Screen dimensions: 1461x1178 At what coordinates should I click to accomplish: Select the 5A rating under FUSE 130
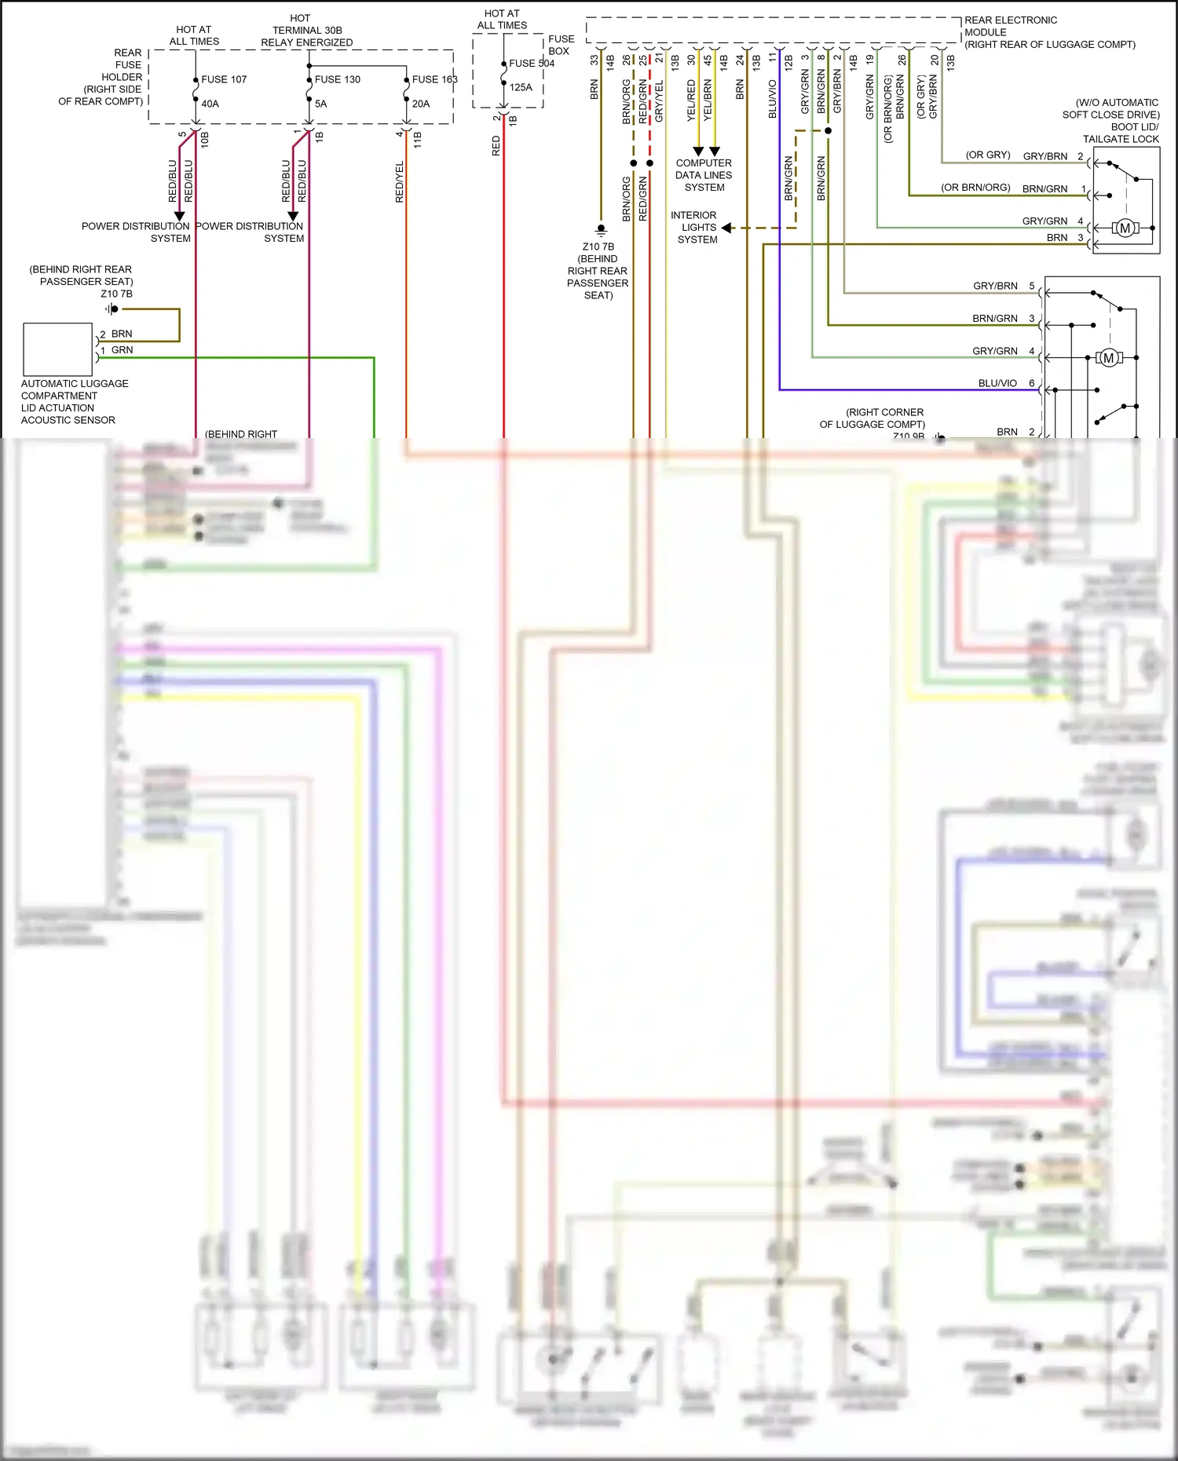coord(320,104)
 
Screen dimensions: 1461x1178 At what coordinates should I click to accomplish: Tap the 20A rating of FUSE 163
coord(421,104)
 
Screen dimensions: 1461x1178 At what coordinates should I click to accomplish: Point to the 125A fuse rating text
coord(521,87)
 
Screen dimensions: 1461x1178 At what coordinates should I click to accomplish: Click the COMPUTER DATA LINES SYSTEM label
coord(704,175)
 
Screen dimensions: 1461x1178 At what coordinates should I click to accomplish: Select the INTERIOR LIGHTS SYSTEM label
coord(694,227)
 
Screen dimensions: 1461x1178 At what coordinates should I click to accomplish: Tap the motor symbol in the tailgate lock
coord(1125,228)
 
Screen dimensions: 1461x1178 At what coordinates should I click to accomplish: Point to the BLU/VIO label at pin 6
coord(997,383)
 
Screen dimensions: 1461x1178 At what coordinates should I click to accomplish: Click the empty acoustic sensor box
coord(58,349)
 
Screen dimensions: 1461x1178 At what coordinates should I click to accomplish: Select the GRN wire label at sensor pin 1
coord(122,350)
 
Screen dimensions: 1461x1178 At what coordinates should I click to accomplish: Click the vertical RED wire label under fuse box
coord(496,146)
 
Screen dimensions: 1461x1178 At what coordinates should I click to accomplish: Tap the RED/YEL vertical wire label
coord(400,182)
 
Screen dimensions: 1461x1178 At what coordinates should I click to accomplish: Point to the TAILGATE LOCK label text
coord(1121,139)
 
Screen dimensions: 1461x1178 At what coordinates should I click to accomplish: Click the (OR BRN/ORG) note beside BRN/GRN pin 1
coord(975,188)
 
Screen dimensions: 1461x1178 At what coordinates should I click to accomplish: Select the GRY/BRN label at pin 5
coord(995,286)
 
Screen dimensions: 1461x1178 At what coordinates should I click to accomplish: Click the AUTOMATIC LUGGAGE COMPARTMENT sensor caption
coord(75,401)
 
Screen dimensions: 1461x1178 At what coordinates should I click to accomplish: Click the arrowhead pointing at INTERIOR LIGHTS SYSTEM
coord(726,228)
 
